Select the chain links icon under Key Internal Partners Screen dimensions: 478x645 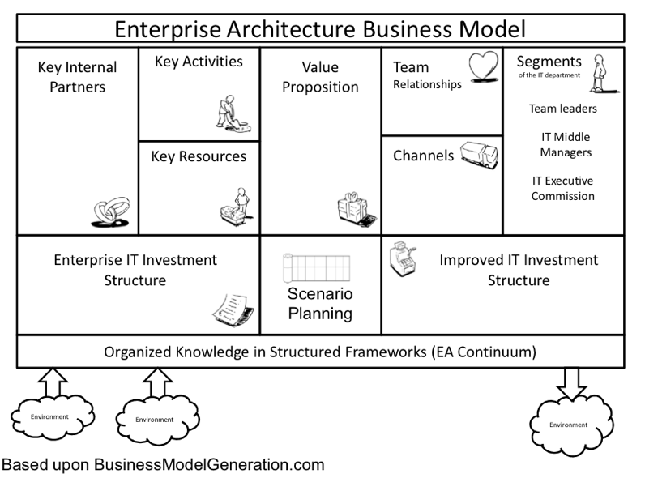point(107,215)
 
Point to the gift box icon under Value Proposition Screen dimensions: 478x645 point(354,208)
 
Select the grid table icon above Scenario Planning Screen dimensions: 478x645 point(316,267)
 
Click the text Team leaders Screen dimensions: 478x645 point(562,108)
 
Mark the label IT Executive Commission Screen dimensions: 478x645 point(563,188)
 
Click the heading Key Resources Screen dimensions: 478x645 point(199,156)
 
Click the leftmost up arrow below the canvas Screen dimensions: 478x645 point(50,382)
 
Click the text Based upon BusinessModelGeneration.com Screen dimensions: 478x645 point(163,465)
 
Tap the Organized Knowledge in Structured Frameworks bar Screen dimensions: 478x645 point(320,352)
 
